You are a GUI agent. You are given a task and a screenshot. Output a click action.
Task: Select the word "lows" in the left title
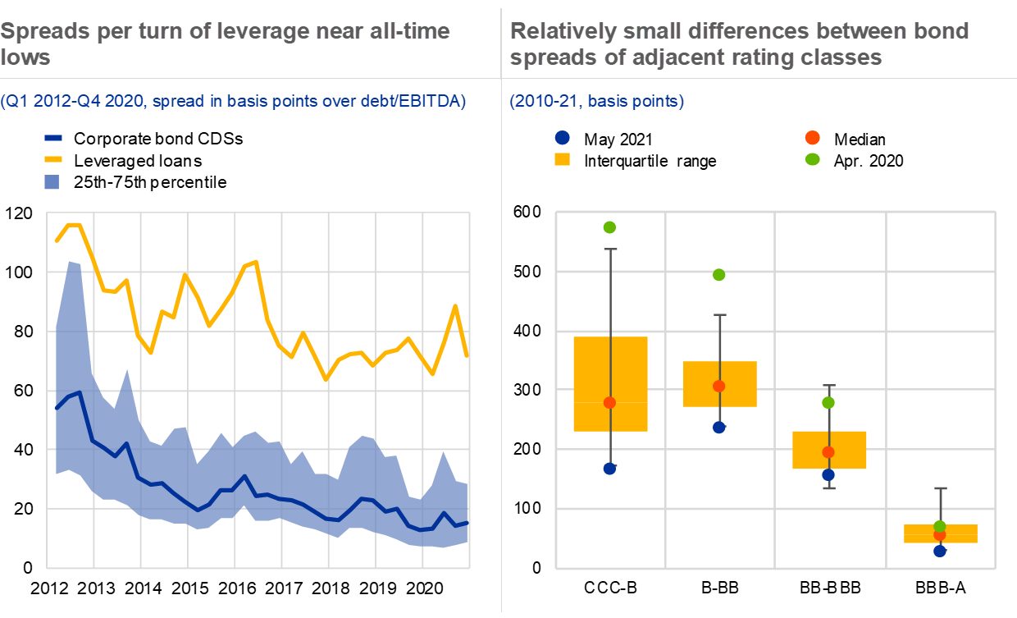tap(25, 57)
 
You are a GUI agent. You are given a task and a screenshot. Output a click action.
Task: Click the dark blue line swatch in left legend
tap(53, 139)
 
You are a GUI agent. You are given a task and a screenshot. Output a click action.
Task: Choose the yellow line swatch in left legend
tap(53, 158)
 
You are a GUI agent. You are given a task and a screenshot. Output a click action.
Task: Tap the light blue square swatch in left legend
tap(52, 182)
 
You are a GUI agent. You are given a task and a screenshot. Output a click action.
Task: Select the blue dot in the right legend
tap(563, 138)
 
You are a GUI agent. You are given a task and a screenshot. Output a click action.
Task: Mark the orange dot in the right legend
tap(813, 138)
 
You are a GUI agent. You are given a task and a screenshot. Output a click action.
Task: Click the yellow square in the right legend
tap(563, 159)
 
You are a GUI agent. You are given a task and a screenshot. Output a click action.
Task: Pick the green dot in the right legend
tap(813, 159)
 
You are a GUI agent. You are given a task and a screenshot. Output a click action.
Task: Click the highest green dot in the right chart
tap(609, 227)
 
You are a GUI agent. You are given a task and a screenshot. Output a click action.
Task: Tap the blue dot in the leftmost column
tap(609, 469)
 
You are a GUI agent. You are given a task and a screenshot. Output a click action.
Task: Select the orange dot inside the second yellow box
tap(719, 386)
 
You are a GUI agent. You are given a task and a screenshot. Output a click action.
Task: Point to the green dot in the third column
tap(828, 402)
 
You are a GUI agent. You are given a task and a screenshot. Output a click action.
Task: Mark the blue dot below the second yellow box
tap(719, 427)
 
